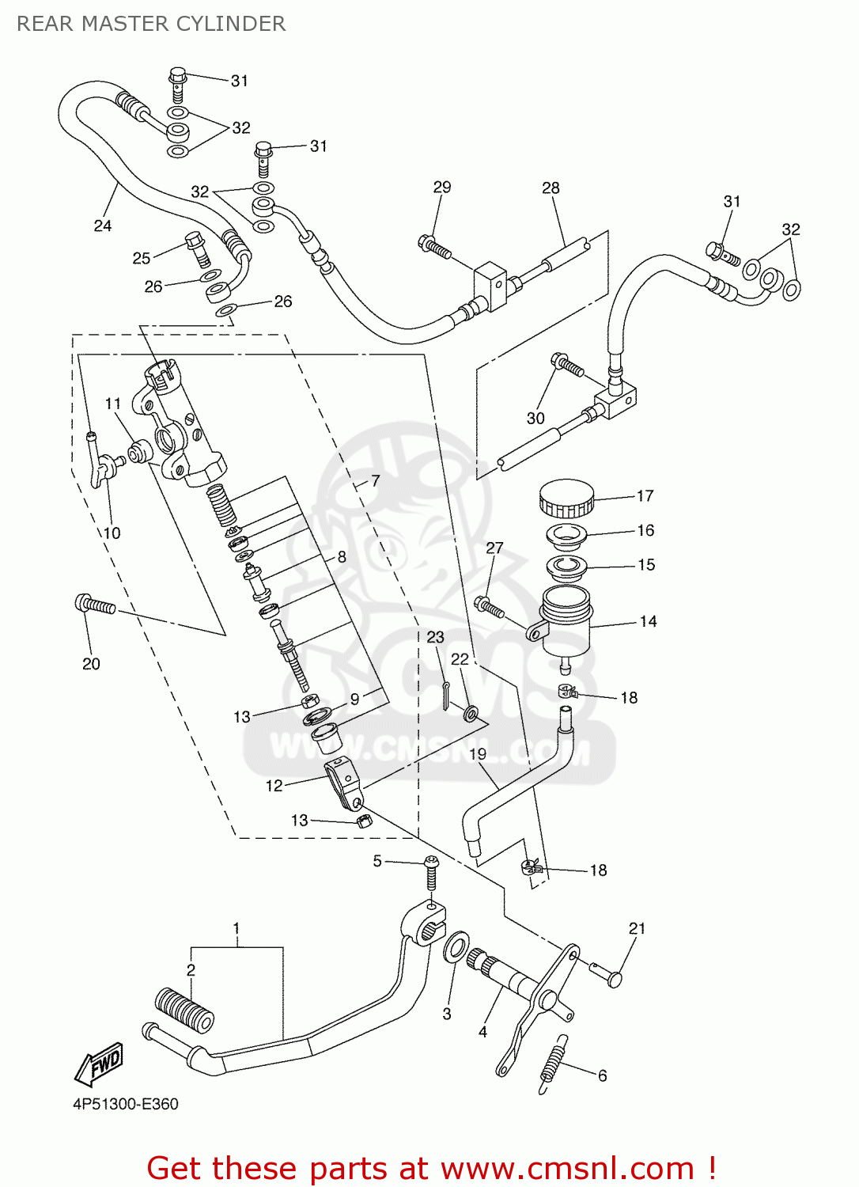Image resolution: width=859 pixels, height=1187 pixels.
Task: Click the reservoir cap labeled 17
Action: pyautogui.click(x=566, y=499)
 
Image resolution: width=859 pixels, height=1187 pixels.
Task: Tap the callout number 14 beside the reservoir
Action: pyautogui.click(x=648, y=621)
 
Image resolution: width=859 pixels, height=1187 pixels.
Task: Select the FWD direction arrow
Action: pyautogui.click(x=100, y=1064)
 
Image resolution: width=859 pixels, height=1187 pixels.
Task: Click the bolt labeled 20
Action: pyautogui.click(x=96, y=605)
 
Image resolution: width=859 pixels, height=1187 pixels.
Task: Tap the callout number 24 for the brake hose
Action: pyautogui.click(x=103, y=226)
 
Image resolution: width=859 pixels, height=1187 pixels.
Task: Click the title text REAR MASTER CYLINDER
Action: pyautogui.click(x=151, y=24)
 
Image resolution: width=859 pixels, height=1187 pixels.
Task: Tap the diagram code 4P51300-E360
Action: pyautogui.click(x=126, y=1104)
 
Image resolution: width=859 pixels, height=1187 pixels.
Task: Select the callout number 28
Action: pyautogui.click(x=551, y=188)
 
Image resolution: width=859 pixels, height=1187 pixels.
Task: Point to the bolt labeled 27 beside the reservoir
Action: pyautogui.click(x=489, y=608)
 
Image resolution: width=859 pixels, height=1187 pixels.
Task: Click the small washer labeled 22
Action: pyautogui.click(x=471, y=715)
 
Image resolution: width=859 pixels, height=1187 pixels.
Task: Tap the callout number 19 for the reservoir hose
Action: pyautogui.click(x=478, y=754)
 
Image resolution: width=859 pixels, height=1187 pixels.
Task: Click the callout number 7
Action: pyautogui.click(x=375, y=480)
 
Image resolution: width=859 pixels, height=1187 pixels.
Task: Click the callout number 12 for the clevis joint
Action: pyautogui.click(x=274, y=785)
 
